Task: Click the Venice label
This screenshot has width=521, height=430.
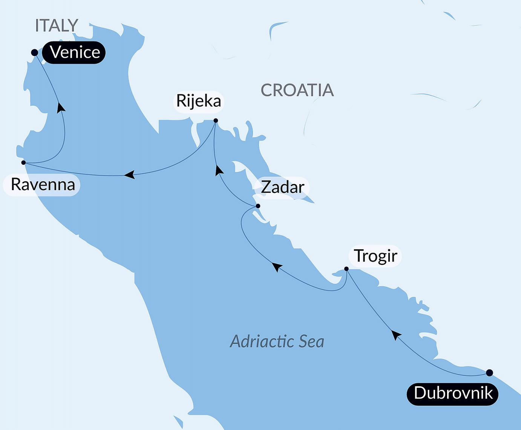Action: pos(74,52)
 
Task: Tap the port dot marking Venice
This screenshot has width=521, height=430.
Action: pos(34,52)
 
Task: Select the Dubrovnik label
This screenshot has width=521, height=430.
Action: pos(452,393)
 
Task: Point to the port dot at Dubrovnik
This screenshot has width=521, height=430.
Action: pos(489,373)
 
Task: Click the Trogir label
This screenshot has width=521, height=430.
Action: pos(375,256)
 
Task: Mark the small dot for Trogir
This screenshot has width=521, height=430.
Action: pos(346,269)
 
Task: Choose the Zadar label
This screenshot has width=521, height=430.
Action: pos(282,187)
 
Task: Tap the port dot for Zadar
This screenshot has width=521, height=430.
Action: pos(258,206)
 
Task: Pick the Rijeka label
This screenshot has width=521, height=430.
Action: pos(199,101)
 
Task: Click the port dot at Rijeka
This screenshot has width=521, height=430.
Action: pos(216,121)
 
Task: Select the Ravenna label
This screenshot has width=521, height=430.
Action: pos(43,184)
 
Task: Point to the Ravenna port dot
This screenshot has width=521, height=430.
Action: pos(23,163)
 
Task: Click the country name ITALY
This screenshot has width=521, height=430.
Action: pos(57,26)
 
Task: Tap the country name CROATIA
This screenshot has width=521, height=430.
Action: pos(297,90)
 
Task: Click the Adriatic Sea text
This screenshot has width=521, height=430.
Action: pos(277,341)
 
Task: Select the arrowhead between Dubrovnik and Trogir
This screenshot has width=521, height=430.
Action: pos(395,334)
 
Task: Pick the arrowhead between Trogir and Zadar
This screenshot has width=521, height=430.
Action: pos(277,267)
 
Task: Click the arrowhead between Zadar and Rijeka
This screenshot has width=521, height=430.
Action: pos(218,170)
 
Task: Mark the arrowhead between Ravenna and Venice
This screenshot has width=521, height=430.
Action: pos(60,107)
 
